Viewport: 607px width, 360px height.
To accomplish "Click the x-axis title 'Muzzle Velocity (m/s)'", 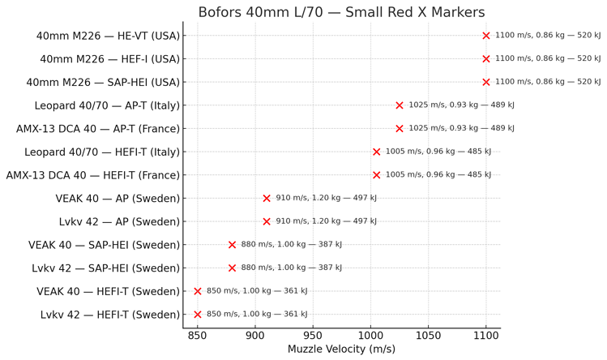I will (x=341, y=349).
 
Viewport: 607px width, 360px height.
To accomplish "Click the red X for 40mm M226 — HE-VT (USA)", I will (x=486, y=36).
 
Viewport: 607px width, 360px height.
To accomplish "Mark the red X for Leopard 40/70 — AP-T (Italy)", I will (x=400, y=105).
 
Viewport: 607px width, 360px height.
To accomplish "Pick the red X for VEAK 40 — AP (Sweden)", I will (x=267, y=199).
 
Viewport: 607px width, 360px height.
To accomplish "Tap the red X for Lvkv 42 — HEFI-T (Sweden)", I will (x=198, y=315).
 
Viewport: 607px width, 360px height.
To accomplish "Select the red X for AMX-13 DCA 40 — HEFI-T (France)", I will (x=377, y=175).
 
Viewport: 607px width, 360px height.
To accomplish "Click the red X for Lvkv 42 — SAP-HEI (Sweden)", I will (x=233, y=268).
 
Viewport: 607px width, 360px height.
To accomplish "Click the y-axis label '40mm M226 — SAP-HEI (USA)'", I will (x=103, y=83).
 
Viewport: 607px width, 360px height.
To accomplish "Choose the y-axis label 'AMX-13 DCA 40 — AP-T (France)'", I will (x=98, y=129).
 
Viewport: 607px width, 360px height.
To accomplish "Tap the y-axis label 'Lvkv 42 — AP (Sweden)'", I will (x=119, y=222).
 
